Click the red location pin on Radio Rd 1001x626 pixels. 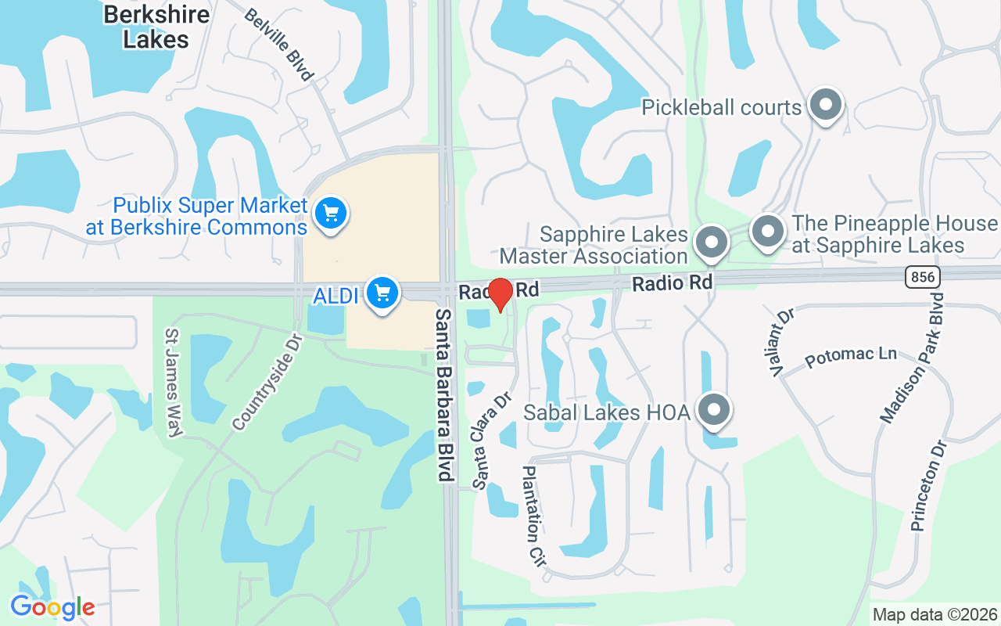(500, 293)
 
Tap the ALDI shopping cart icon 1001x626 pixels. (382, 293)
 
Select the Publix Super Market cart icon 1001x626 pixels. (330, 212)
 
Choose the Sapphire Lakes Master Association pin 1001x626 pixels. (711, 242)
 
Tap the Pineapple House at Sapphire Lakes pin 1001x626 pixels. (767, 232)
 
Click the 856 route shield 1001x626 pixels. (922, 276)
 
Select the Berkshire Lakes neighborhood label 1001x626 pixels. (156, 27)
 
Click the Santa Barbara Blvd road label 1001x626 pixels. (445, 394)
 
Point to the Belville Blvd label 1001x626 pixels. (278, 45)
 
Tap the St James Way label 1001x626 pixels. (172, 382)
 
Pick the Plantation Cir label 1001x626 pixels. (533, 516)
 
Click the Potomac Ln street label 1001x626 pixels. (851, 357)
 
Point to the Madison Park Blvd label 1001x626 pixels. (913, 359)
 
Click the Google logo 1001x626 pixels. (52, 607)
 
